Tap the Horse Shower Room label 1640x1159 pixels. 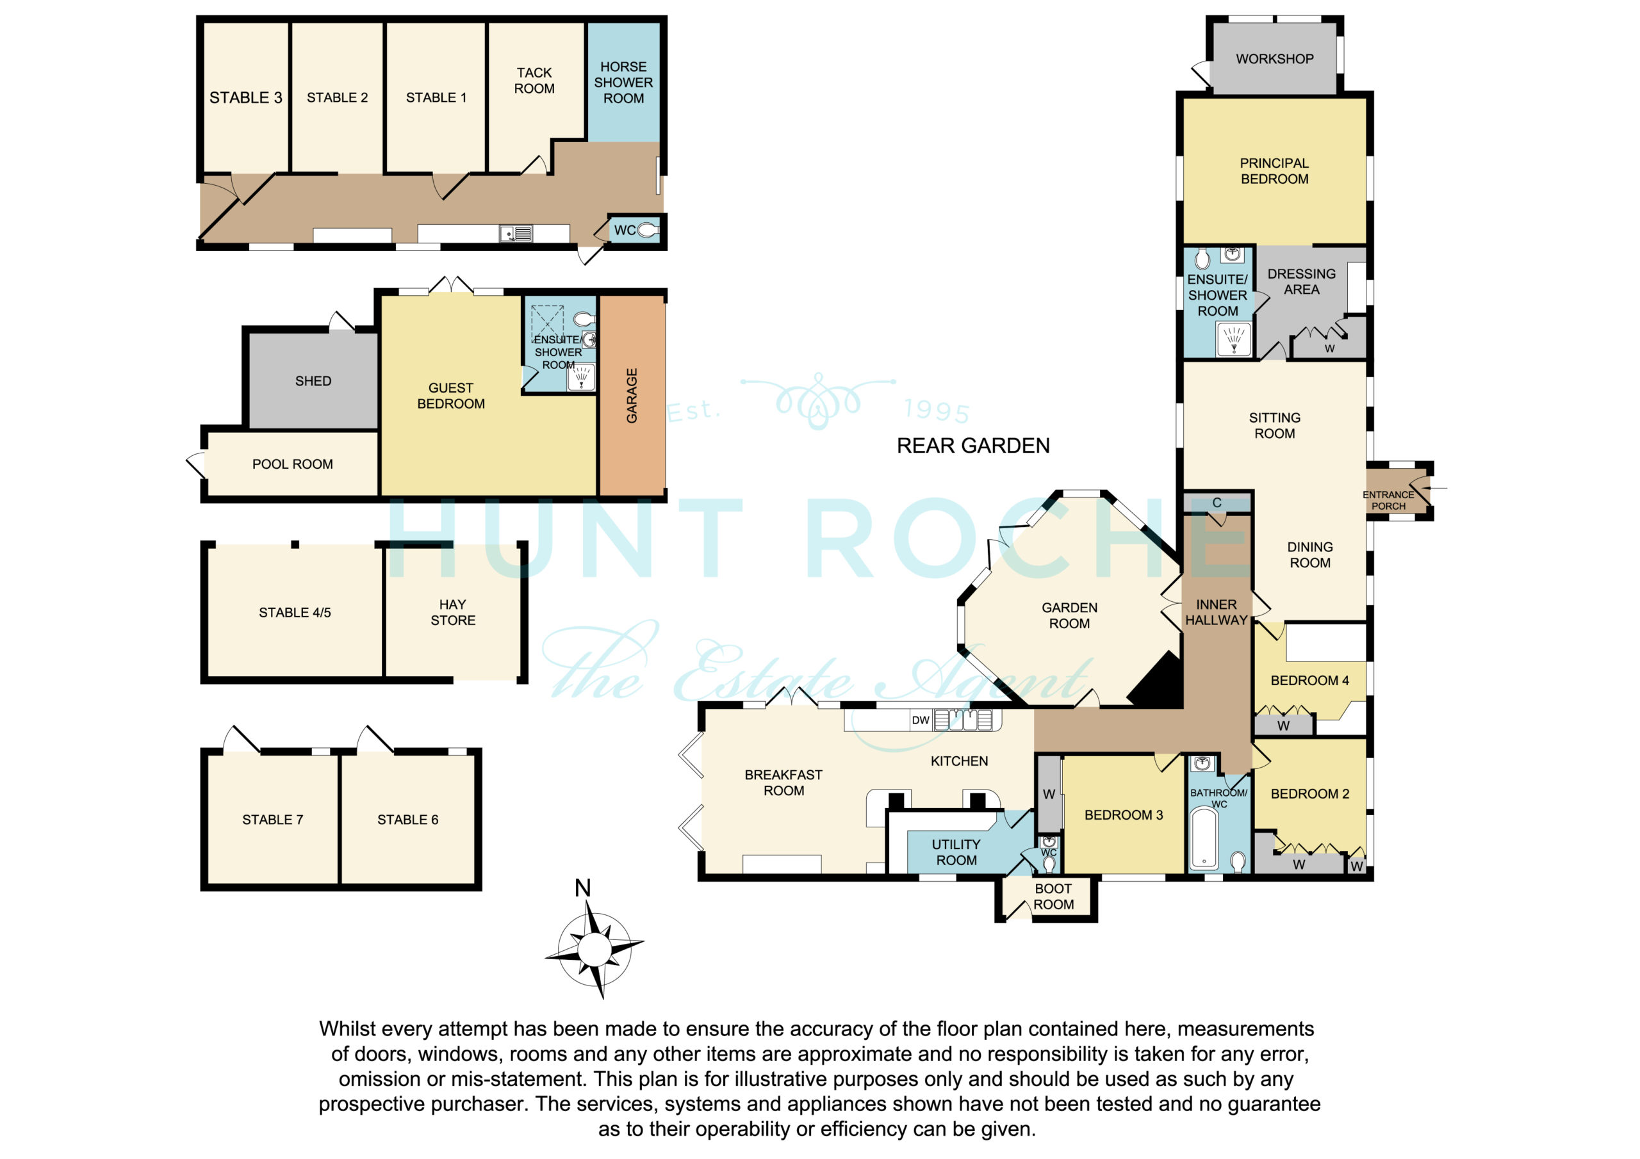point(623,82)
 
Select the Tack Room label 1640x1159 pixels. point(534,81)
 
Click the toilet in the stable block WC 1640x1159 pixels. point(648,230)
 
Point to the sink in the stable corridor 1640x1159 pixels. point(516,234)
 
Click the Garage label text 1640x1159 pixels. point(632,396)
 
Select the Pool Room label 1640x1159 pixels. point(292,464)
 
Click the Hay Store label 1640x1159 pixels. point(453,613)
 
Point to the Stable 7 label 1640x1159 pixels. point(272,820)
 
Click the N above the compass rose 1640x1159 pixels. point(583,887)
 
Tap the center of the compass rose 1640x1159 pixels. point(594,949)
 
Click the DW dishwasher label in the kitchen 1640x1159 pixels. point(921,720)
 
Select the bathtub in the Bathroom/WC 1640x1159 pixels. point(1204,837)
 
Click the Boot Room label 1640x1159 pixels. point(1054,897)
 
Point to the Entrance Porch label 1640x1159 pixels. point(1388,501)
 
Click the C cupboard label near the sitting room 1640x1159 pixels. point(1217,503)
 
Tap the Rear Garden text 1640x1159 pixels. point(973,446)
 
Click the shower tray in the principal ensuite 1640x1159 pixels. point(1234,339)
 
